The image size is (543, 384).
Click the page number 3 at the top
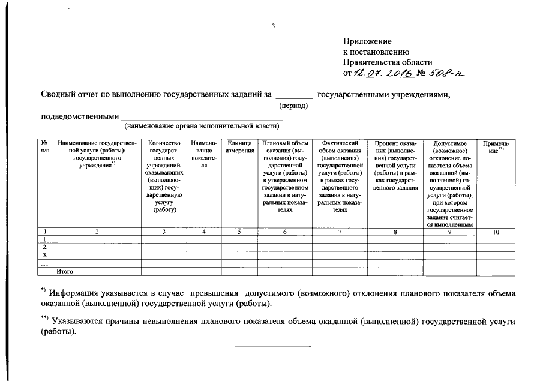(273, 26)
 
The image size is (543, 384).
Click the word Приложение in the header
(367, 41)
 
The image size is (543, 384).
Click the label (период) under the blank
(294, 106)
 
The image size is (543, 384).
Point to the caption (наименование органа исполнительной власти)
(202, 126)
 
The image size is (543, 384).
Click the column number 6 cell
(285, 231)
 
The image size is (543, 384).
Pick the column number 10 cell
(496, 231)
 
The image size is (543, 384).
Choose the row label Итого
(64, 271)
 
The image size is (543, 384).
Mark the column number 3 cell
(163, 231)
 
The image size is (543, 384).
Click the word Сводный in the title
(59, 94)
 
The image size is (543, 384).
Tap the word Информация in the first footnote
(75, 293)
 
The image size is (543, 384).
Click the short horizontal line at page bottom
(272, 346)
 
